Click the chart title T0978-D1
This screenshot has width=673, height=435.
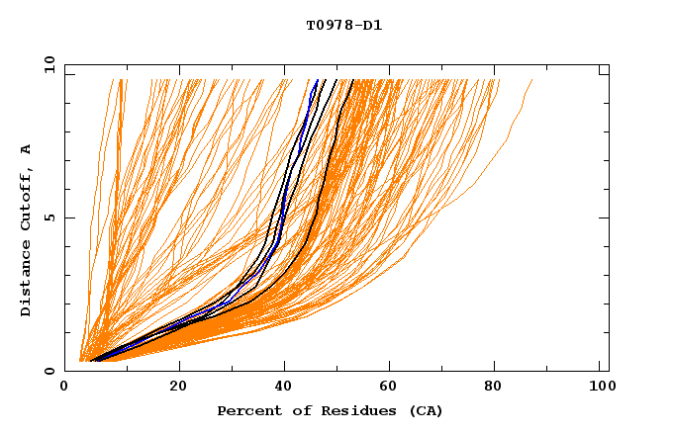click(343, 25)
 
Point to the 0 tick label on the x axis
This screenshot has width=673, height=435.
click(64, 388)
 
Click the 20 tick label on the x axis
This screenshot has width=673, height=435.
click(178, 388)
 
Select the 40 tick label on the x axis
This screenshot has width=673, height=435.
click(285, 388)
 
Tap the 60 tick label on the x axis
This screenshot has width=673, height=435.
click(392, 388)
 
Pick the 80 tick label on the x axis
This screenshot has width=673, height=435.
click(499, 388)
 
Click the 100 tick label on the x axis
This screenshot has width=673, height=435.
click(601, 388)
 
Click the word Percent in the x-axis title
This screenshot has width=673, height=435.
click(246, 410)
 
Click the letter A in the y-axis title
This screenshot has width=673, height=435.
click(26, 149)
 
